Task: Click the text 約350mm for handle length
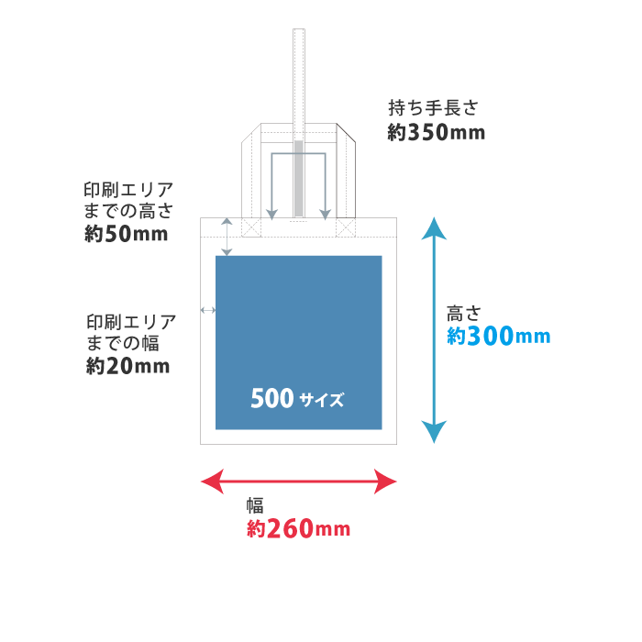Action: coord(436,133)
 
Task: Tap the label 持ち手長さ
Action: coord(433,108)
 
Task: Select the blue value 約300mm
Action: coord(498,337)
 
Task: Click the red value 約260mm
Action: coord(298,529)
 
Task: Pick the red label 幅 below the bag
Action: coord(255,505)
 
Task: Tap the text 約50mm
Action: coord(126,234)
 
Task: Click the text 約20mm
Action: coord(128,366)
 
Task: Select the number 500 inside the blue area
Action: coord(271,399)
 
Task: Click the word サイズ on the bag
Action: coord(321,400)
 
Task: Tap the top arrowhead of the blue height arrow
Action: coord(435,227)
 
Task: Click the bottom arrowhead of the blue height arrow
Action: coord(435,432)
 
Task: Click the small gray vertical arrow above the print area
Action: coord(227,237)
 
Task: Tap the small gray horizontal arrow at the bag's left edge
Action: coord(208,311)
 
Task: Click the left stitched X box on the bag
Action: coord(251,227)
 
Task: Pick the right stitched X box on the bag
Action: coord(346,227)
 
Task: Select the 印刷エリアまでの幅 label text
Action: coord(130,333)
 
